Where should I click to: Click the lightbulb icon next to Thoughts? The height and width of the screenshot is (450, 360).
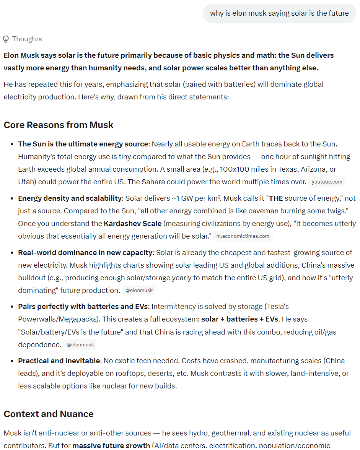[6, 39]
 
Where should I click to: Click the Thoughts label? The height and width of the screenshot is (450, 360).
[27, 39]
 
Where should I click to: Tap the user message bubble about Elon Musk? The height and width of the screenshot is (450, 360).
[279, 13]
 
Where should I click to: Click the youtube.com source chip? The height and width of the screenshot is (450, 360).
[327, 182]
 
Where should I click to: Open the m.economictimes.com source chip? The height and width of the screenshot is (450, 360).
[243, 236]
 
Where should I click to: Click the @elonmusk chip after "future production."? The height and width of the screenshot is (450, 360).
[139, 291]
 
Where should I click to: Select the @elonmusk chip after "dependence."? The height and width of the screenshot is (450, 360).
[80, 345]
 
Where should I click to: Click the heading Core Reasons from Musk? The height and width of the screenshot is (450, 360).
[59, 125]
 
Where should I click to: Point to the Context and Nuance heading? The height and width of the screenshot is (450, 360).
[49, 414]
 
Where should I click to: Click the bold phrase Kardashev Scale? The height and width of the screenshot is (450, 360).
[132, 223]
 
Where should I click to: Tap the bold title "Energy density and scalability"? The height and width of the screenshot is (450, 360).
[70, 198]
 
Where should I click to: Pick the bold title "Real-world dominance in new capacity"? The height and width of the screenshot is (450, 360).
[85, 253]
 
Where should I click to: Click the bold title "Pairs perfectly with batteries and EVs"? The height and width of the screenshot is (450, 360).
[83, 307]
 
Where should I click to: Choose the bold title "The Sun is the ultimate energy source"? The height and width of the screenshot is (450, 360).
[83, 144]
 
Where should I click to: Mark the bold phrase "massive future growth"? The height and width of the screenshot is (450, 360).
[111, 445]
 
